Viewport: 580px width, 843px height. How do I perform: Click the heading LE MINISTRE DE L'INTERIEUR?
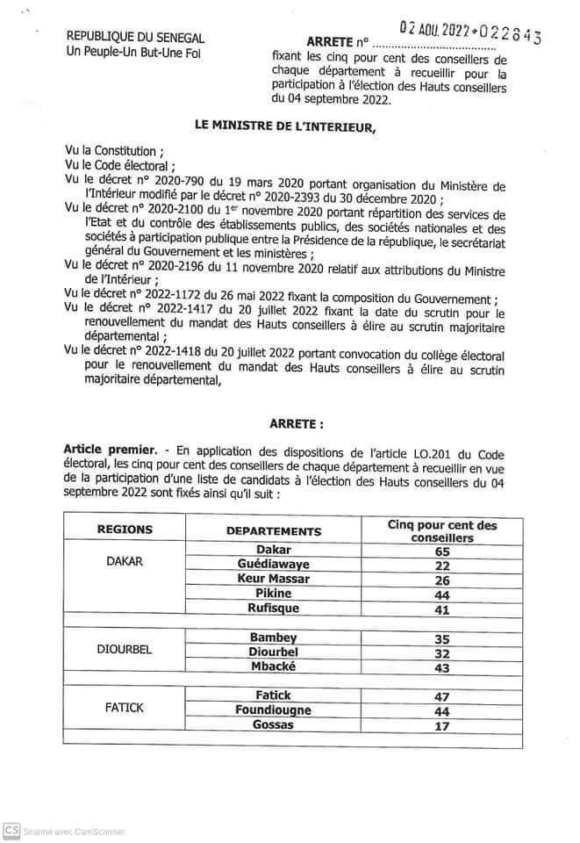285,129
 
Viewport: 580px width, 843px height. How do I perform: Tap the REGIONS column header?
124,530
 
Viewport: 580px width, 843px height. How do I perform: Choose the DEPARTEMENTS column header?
274,531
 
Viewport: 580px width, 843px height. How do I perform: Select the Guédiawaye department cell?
274,564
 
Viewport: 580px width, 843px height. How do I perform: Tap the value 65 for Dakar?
442,551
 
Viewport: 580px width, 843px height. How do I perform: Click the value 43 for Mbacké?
442,667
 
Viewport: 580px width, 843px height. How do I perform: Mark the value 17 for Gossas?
442,726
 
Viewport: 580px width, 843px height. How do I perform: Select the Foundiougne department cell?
274,710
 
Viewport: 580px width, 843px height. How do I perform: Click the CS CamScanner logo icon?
11,830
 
